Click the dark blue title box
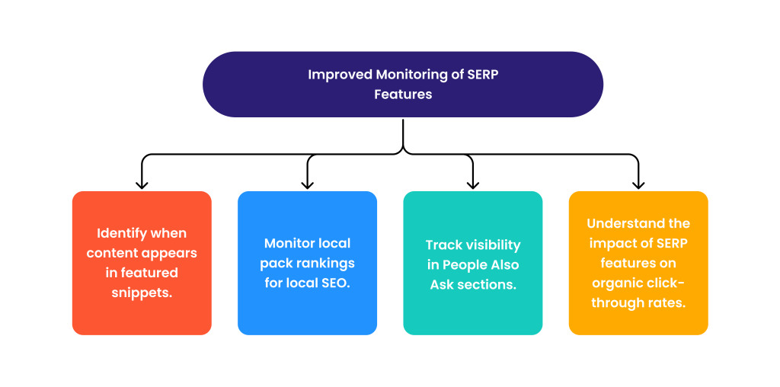click(x=402, y=84)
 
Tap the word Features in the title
click(x=403, y=94)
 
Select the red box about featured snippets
click(x=142, y=263)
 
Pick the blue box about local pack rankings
click(x=307, y=263)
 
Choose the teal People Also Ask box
click(x=472, y=263)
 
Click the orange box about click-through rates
click(x=638, y=263)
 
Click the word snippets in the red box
click(x=142, y=293)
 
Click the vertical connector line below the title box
click(x=403, y=134)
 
